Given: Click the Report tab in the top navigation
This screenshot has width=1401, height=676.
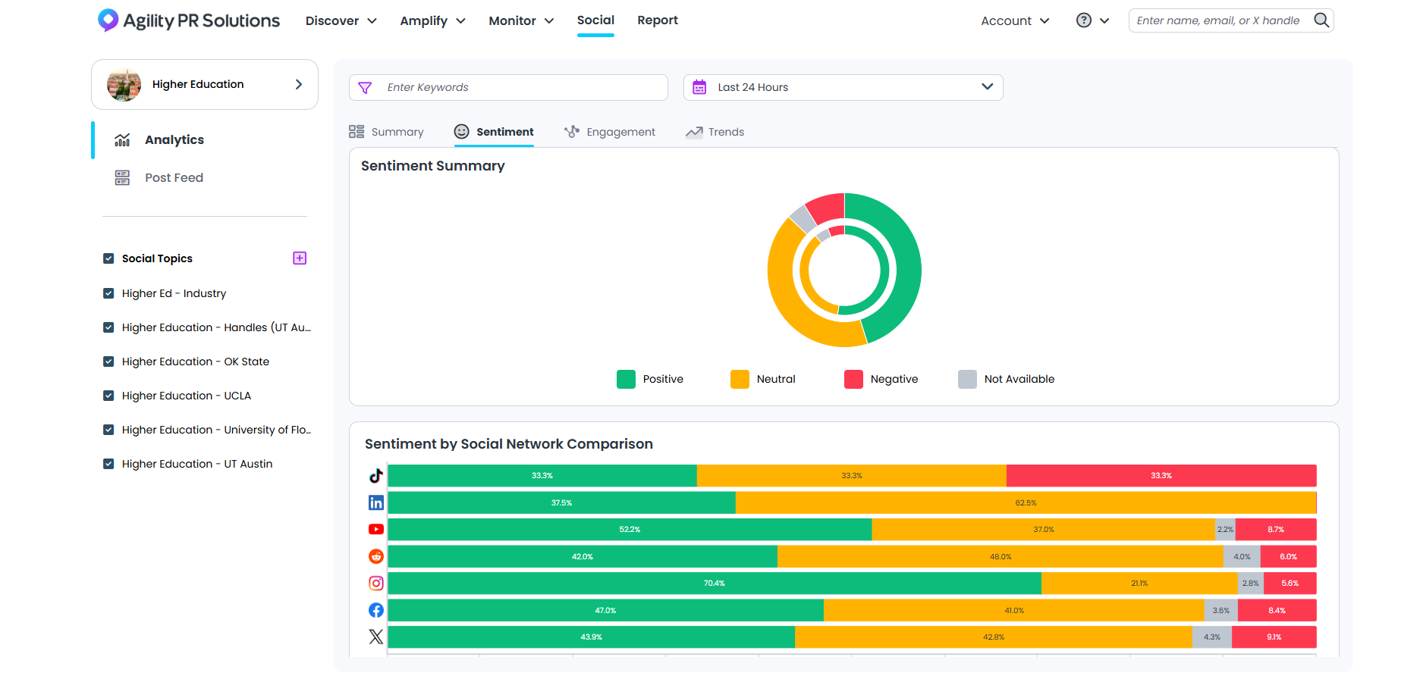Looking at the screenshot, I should click(657, 20).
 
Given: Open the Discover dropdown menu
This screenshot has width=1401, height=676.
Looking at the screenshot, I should click(341, 20).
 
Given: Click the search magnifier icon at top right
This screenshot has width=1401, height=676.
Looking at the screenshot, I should click(1321, 20).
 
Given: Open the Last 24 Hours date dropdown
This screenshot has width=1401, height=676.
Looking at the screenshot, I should click(843, 87).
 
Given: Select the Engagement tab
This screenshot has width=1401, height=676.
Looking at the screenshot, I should click(610, 132).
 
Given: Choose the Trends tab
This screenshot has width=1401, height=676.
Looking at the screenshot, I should click(715, 132).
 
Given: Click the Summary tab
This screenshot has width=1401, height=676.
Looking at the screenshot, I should click(386, 132).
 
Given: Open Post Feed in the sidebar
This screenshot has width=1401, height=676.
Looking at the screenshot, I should click(174, 177).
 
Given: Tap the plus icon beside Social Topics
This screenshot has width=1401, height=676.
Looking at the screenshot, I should click(300, 258).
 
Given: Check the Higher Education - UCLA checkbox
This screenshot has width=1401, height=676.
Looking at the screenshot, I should click(108, 396).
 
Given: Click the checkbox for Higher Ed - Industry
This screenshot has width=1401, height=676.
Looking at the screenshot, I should click(108, 293).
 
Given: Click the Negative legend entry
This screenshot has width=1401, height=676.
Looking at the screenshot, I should click(881, 379).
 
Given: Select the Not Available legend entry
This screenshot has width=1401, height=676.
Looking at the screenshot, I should click(1007, 379).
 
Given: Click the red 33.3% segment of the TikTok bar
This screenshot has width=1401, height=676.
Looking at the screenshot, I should click(1161, 476).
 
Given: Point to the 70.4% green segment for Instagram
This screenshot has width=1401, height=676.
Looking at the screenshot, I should click(714, 584).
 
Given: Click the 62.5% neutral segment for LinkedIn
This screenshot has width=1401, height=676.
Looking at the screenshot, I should click(1026, 503).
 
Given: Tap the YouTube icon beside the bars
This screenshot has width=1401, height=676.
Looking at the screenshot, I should click(376, 530).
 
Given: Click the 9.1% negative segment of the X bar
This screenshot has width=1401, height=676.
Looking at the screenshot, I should click(1274, 637).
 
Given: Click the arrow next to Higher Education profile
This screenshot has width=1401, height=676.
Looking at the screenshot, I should click(299, 84).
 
